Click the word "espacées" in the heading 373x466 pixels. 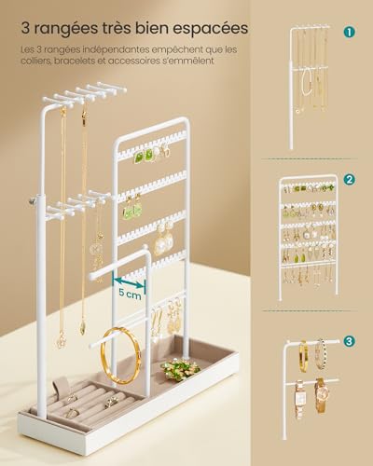tap(210, 29)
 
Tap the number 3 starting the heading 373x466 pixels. tap(25, 28)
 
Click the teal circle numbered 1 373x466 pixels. tap(350, 32)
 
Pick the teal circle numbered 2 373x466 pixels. tap(350, 179)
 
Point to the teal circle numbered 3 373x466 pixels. tap(350, 341)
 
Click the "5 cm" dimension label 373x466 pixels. tap(130, 294)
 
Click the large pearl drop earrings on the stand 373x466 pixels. tap(164, 236)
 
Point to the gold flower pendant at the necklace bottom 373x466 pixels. tap(61, 339)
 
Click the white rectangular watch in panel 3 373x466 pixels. tap(299, 399)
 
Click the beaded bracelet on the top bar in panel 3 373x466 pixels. tap(322, 354)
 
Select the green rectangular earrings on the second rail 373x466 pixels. tap(132, 208)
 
